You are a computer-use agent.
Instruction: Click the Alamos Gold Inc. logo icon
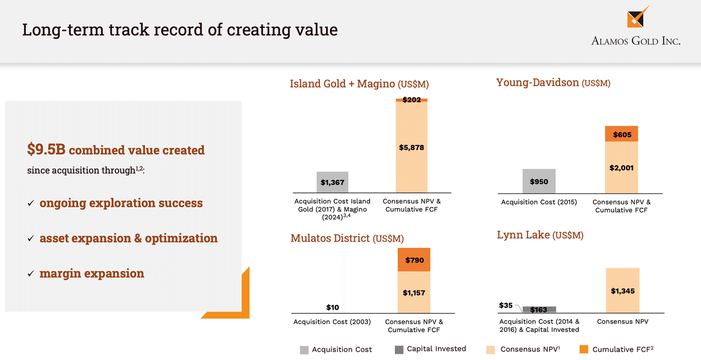638,17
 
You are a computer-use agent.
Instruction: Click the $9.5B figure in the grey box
46,150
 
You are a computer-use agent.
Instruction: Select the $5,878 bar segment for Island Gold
411,147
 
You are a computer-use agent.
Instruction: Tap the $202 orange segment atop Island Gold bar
411,100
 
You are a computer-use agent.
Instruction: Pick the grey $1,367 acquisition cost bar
332,182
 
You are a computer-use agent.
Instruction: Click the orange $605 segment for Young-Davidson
622,134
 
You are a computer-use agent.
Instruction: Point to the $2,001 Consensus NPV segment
622,168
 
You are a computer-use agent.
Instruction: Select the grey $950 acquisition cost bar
539,181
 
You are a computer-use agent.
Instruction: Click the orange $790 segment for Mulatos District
414,260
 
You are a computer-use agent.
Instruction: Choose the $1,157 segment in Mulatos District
414,292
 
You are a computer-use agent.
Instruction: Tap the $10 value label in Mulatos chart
332,307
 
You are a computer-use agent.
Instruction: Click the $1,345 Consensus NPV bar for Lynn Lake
622,290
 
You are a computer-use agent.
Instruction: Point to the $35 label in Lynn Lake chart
506,305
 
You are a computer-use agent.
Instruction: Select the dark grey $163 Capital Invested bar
539,310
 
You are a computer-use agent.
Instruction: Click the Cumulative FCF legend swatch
583,349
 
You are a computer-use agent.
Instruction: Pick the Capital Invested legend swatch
399,349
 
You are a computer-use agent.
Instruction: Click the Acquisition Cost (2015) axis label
539,202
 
